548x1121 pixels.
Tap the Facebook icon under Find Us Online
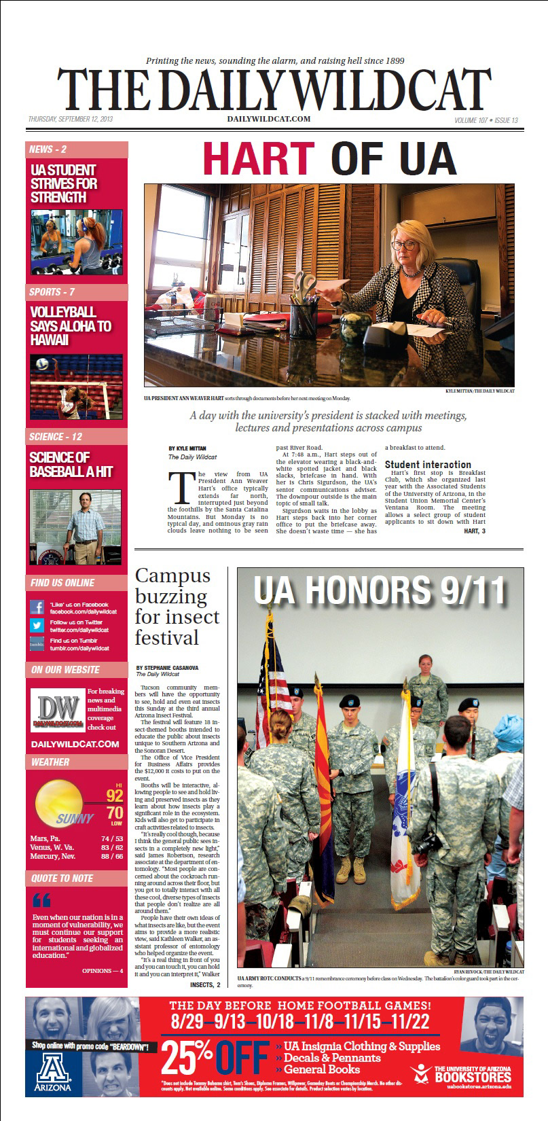(37, 607)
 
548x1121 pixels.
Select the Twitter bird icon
(37, 625)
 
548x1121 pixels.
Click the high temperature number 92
(114, 796)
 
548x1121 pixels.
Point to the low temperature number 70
(114, 813)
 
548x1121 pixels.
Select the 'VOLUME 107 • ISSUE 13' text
(486, 120)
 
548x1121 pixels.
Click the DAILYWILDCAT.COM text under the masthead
(269, 119)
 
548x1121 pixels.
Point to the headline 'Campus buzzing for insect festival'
(177, 607)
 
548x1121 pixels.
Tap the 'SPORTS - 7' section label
(52, 292)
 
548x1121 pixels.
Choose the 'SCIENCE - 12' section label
(56, 437)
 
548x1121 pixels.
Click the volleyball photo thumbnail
(76, 387)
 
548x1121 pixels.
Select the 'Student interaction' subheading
(428, 465)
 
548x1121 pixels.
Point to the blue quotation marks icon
(42, 900)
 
